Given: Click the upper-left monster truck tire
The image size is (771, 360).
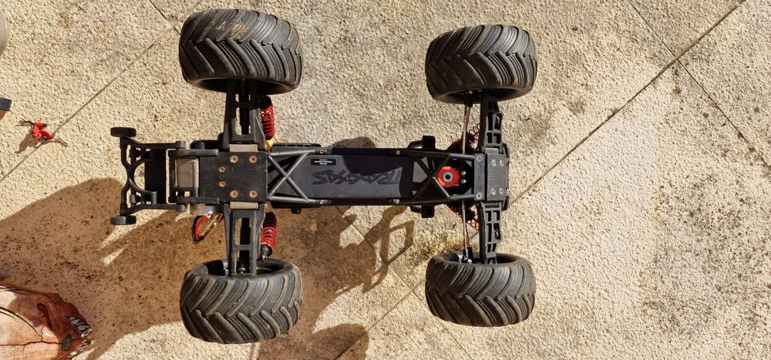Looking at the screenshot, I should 240,50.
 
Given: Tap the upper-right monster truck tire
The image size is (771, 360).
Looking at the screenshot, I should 480,63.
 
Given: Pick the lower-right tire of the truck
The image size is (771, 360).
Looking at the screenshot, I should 480,288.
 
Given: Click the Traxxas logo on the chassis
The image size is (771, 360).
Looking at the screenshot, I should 356,177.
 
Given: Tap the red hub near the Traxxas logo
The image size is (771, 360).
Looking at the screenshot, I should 448,177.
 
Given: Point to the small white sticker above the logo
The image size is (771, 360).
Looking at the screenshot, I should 323,161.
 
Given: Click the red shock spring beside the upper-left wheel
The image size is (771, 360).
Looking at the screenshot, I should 268,121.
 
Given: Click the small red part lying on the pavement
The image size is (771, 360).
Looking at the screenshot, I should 40,131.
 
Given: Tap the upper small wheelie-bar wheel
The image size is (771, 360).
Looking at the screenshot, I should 123,133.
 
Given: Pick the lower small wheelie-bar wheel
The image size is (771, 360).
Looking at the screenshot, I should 123,220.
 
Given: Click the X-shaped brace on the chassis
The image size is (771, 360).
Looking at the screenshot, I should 286,177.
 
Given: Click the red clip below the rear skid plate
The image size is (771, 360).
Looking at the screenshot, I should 202,226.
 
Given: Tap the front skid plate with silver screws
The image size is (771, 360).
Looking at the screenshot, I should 491,176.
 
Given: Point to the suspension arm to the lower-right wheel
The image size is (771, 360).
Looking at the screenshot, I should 487,230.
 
